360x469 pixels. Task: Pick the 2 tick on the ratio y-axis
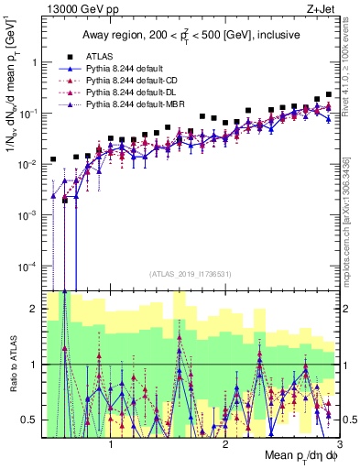pyautogui.click(x=35, y=309)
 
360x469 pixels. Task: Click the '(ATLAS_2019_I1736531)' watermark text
pyautogui.click(x=191, y=274)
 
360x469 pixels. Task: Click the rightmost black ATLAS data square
pyautogui.click(x=329, y=94)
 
